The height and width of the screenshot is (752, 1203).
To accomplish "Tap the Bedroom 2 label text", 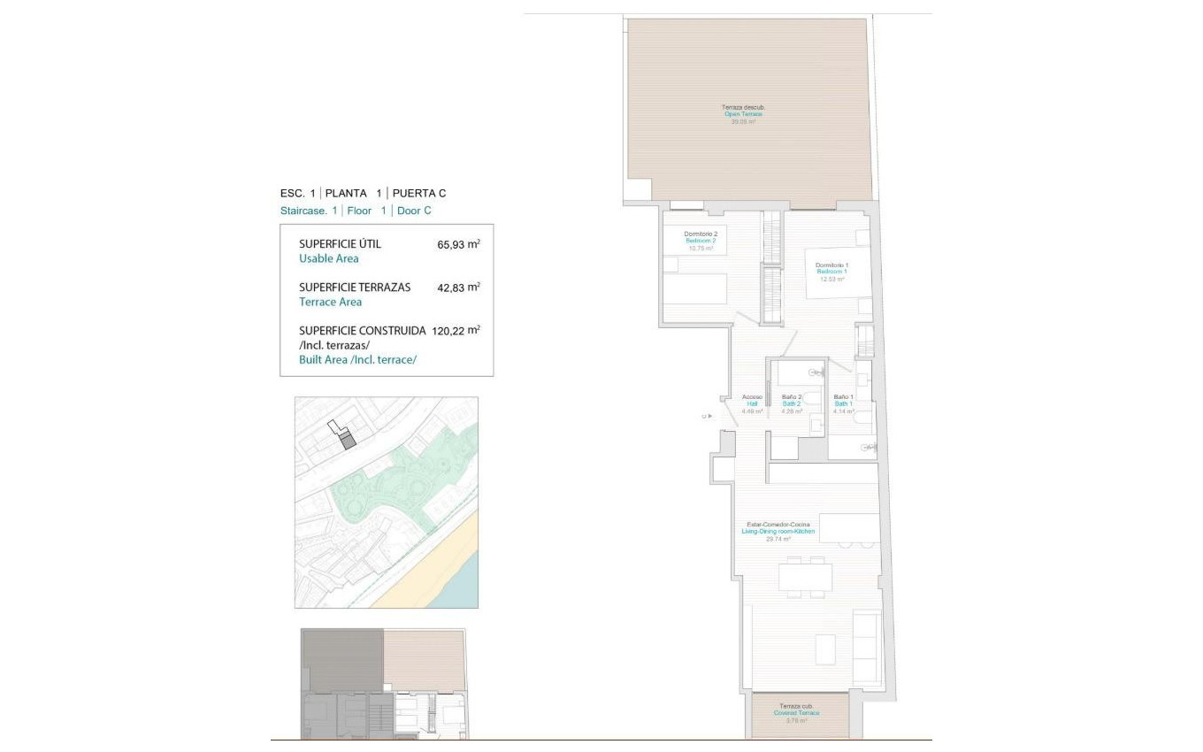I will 701,241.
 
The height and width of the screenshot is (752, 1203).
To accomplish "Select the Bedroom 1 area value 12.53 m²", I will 832,279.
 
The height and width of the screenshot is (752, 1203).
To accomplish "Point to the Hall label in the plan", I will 752,403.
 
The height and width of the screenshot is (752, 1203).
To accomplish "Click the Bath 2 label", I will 792,403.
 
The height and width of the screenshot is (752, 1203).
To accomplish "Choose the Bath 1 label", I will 843,403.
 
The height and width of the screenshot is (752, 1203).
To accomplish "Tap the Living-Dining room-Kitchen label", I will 778,531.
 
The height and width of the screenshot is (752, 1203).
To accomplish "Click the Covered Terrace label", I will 796,713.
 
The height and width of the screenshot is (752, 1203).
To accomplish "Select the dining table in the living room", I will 805,578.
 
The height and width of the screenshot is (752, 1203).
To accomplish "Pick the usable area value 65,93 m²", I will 457,244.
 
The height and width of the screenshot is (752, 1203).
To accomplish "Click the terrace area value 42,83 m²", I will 457,288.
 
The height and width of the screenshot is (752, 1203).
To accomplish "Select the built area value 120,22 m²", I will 456,330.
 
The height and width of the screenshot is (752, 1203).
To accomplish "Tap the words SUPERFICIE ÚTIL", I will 341,244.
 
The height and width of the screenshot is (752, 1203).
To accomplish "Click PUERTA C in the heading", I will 419,193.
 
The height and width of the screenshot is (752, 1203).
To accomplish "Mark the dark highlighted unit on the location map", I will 348,440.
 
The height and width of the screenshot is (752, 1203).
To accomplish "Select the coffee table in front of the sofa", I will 825,649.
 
